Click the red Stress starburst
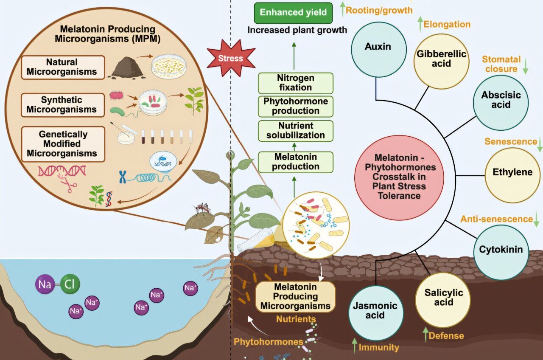pyautogui.click(x=230, y=59)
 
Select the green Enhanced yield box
pyautogui.click(x=293, y=12)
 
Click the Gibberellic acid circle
pyautogui.click(x=441, y=59)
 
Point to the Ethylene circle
pyautogui.click(x=512, y=173)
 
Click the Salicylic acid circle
pyautogui.click(x=443, y=298)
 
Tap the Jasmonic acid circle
pyautogui.click(x=375, y=311)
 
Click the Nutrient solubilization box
pyautogui.click(x=295, y=131)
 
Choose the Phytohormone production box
pyautogui.click(x=295, y=107)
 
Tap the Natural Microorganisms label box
pyautogui.click(x=63, y=67)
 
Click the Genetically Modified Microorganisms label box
pyautogui.click(x=63, y=144)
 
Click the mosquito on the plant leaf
pyautogui.click(x=202, y=208)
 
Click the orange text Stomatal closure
pyautogui.click(x=501, y=64)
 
